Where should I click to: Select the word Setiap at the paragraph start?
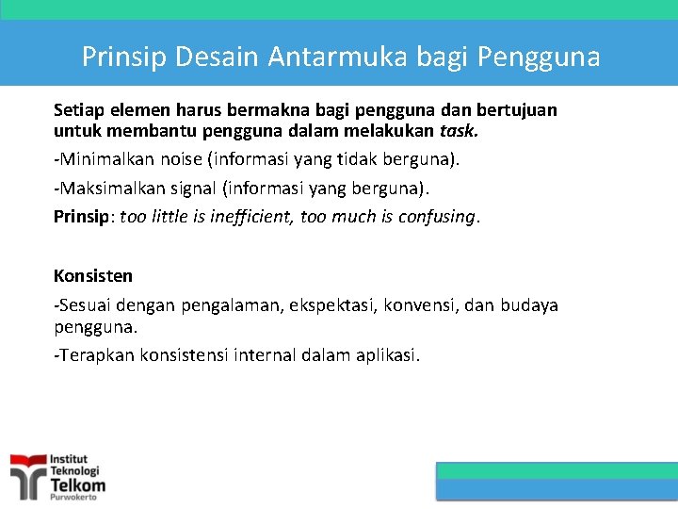(x=79, y=110)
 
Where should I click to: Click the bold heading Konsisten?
(x=93, y=276)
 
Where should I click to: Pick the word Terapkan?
(x=97, y=355)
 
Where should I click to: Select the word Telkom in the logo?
(x=77, y=485)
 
